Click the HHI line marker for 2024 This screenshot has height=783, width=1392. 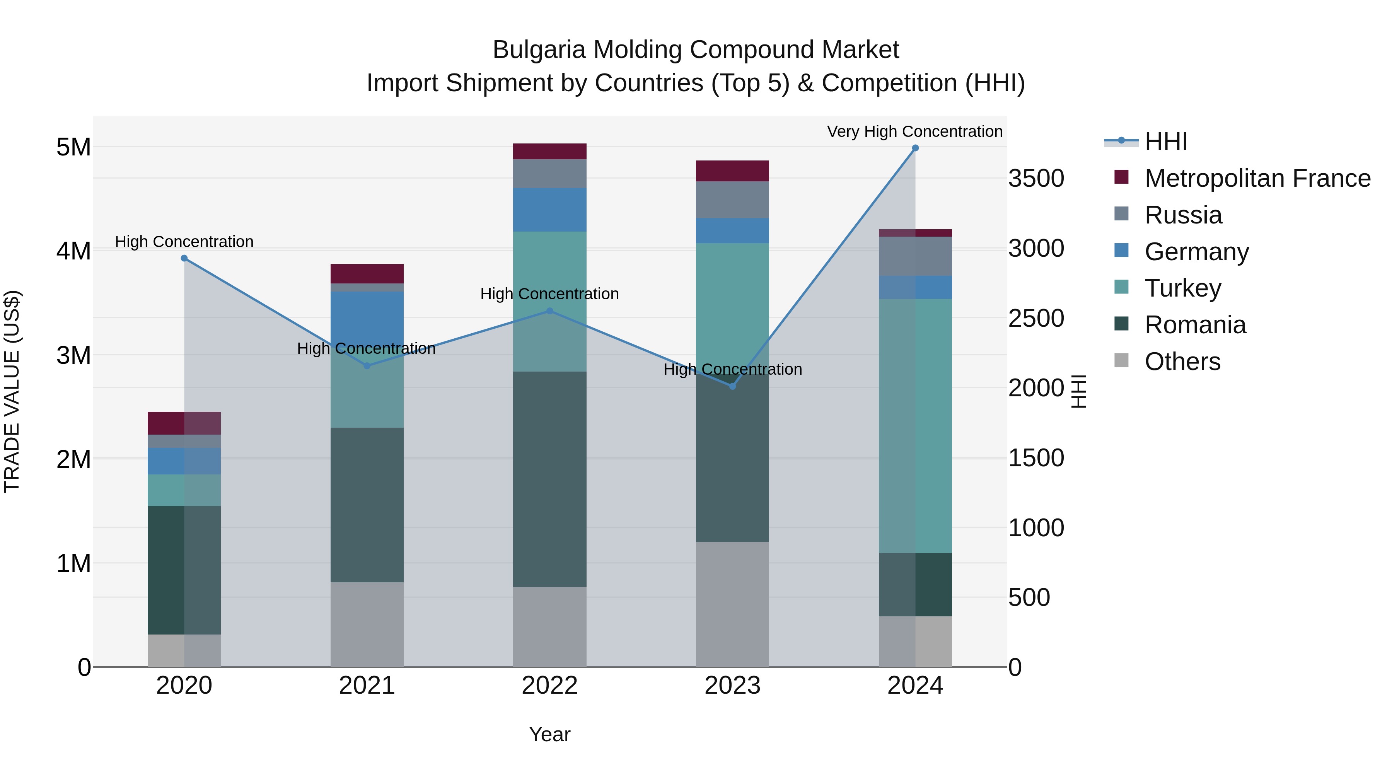[915, 148]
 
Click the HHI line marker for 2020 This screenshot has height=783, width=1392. [184, 258]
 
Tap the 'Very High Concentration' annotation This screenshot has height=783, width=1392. [914, 131]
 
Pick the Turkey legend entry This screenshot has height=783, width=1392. [1182, 288]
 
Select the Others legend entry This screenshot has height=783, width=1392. [1182, 362]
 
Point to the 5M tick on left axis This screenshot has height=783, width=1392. [73, 147]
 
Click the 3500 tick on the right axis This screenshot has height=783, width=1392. [1036, 179]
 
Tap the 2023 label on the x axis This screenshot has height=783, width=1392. [732, 686]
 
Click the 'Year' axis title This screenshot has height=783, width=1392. [549, 734]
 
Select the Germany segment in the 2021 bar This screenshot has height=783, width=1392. [367, 316]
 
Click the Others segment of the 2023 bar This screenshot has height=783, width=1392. [732, 604]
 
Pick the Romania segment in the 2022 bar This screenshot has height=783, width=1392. [549, 479]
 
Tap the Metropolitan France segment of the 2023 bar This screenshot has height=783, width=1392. [732, 171]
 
